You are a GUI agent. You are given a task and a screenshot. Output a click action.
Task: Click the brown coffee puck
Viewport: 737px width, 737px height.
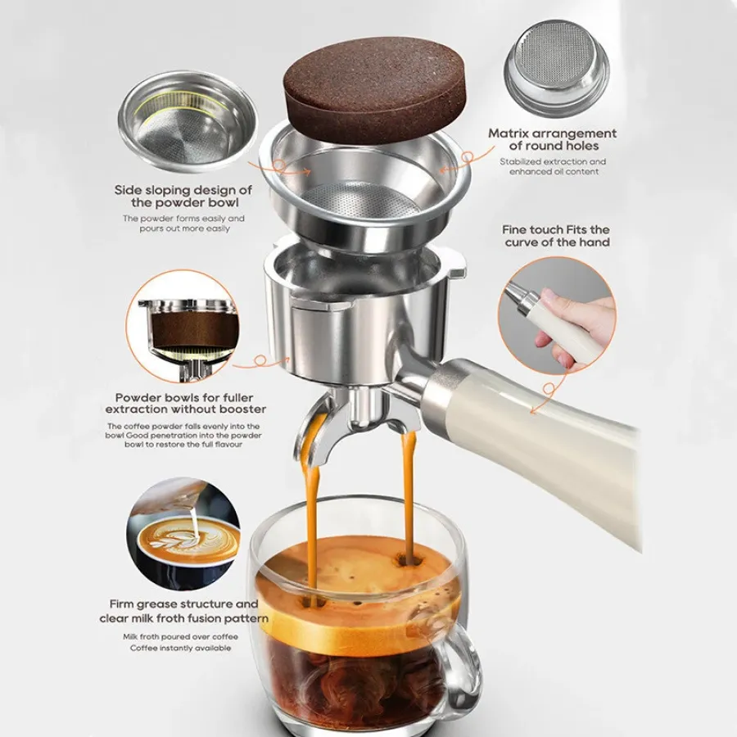375,88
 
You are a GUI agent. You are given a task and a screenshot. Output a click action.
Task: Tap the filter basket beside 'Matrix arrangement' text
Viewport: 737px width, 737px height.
557,68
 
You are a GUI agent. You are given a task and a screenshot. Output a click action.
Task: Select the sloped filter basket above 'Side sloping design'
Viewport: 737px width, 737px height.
188,122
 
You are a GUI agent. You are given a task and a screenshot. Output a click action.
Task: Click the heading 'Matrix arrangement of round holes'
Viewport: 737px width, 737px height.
552,139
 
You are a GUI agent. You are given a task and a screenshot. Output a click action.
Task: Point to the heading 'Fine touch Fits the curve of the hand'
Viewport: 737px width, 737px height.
556,236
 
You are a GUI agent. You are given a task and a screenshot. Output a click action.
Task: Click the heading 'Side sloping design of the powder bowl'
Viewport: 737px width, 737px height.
183,197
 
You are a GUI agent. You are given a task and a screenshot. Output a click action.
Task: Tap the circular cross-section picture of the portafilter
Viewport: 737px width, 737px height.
183,326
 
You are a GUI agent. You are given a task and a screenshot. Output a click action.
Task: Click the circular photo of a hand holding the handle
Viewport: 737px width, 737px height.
558,315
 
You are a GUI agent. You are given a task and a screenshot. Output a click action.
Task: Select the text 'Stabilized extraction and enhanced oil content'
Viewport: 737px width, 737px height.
554,167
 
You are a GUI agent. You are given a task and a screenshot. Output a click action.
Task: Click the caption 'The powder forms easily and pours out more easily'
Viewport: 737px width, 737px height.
183,224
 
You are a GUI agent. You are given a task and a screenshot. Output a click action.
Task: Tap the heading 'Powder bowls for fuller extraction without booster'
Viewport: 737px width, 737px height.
186,403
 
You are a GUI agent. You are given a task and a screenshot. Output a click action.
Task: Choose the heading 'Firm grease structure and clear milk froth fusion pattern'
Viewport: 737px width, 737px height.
183,611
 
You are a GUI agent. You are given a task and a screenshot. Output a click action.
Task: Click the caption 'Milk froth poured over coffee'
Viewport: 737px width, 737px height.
180,637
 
